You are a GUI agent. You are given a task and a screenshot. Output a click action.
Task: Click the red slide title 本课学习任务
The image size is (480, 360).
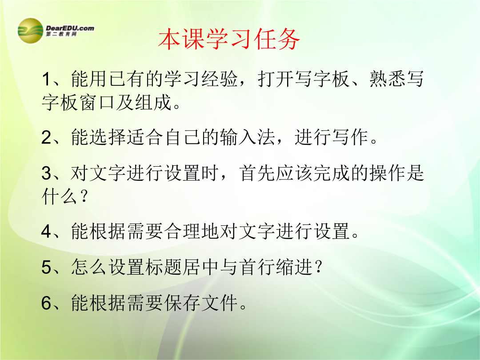click(229, 39)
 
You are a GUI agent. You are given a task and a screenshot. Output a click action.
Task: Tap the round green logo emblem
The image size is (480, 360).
click(30, 31)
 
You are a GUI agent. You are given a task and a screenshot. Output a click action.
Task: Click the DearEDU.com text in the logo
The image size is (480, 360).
click(70, 28)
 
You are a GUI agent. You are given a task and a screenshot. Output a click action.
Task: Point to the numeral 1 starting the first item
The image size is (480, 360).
click(46, 79)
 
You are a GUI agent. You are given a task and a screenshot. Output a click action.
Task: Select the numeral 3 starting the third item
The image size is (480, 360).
click(46, 173)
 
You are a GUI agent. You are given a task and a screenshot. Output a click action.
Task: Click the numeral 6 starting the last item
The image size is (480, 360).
click(46, 303)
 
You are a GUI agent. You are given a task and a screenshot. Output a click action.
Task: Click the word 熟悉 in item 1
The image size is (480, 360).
click(387, 79)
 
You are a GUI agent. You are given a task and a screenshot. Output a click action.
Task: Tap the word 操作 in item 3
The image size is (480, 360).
click(387, 173)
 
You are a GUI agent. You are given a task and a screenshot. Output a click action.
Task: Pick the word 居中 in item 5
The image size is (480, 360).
click(201, 267)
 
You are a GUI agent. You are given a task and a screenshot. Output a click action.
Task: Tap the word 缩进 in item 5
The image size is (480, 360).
click(294, 267)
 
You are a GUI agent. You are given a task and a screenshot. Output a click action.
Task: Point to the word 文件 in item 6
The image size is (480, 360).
click(220, 303)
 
